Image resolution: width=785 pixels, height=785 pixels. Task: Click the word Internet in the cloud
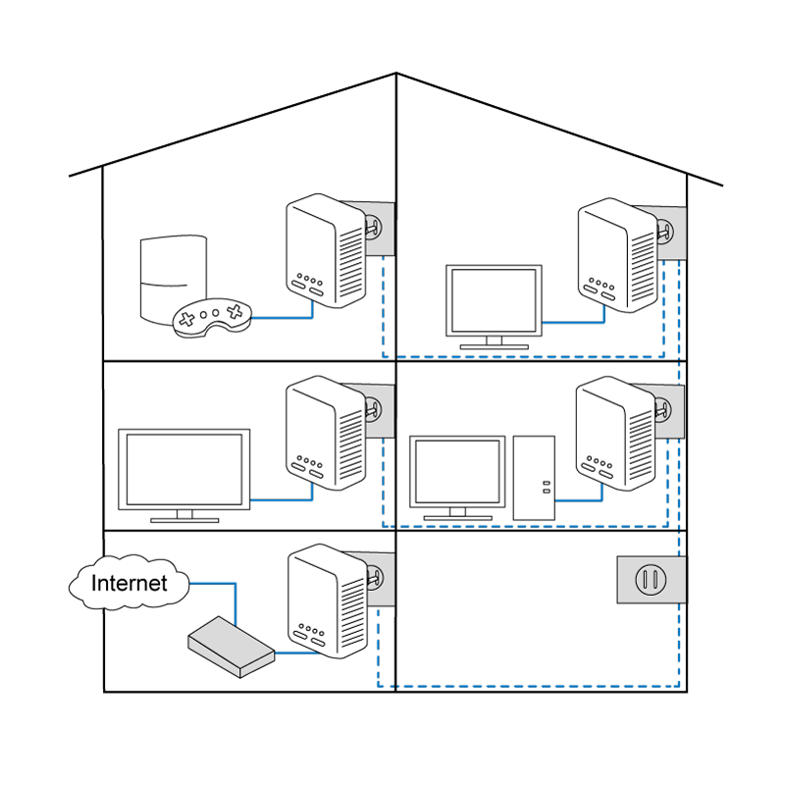(x=129, y=583)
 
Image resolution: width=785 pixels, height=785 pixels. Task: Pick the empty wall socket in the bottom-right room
(x=647, y=579)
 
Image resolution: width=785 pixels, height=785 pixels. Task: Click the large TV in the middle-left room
(x=183, y=468)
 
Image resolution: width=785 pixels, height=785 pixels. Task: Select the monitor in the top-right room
(x=494, y=301)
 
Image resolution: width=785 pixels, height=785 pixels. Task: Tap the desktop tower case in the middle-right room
(x=534, y=477)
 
